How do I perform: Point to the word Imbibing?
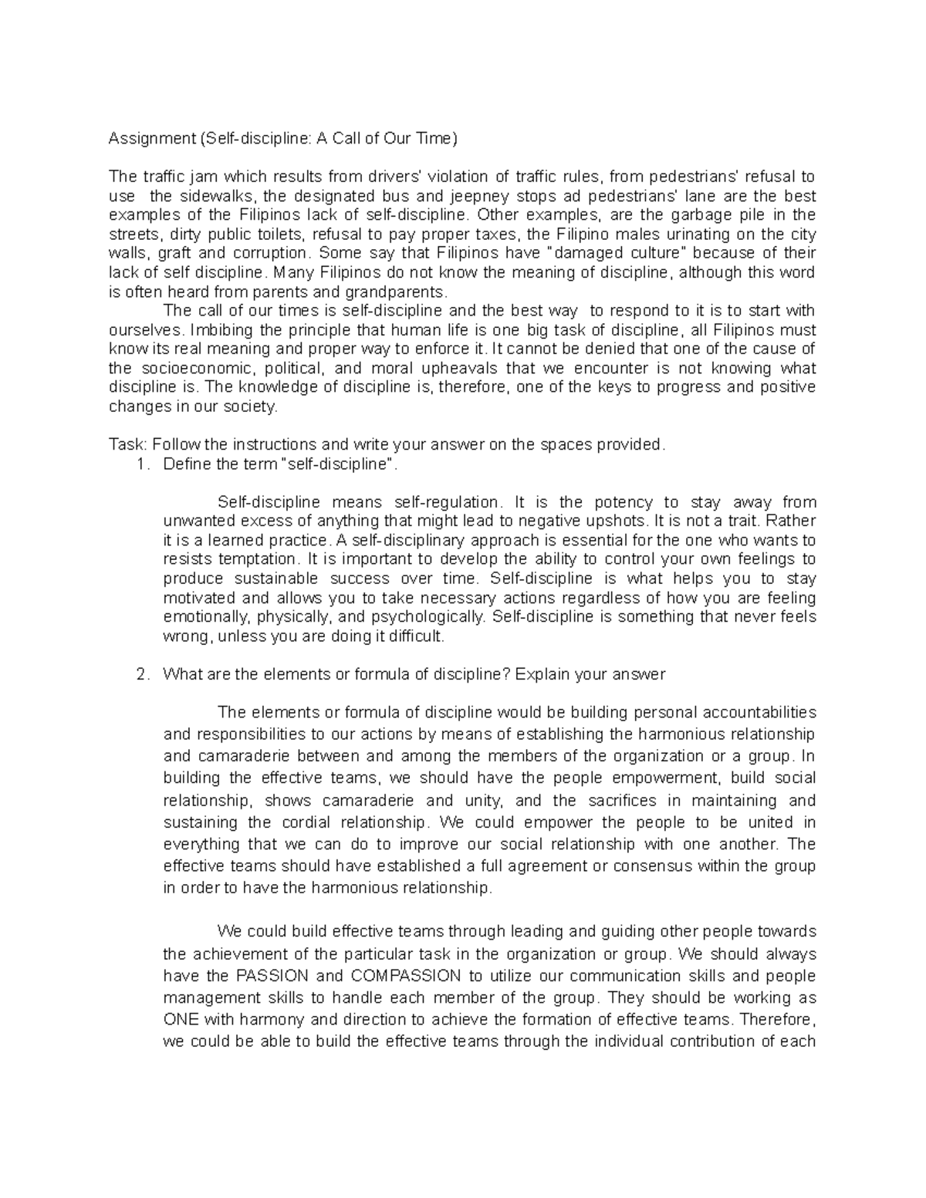click(218, 330)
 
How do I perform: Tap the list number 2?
click(140, 674)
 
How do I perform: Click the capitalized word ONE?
click(181, 1019)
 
